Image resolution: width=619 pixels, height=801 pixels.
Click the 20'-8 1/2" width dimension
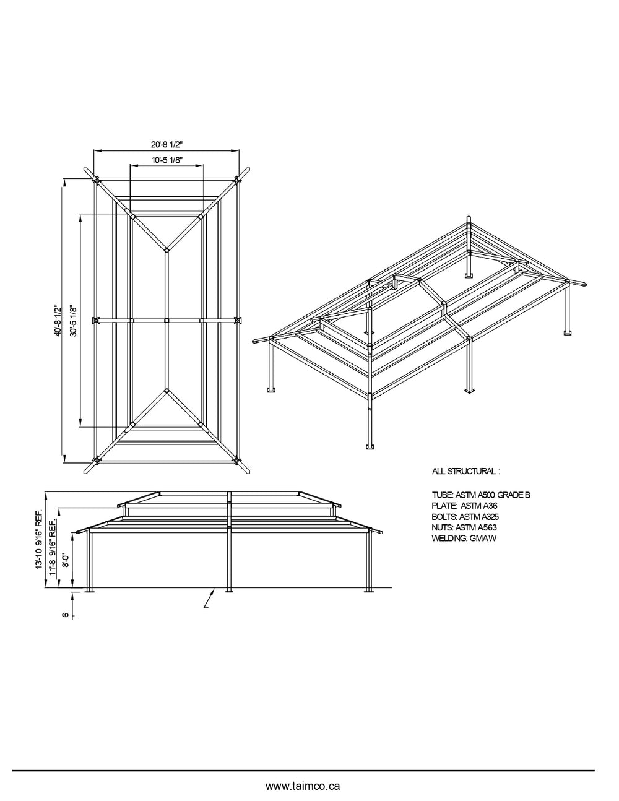[166, 144]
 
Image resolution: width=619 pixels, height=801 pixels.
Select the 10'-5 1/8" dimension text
[166, 159]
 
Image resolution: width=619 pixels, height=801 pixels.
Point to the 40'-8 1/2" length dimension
[57, 319]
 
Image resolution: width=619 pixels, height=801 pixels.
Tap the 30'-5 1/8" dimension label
[74, 319]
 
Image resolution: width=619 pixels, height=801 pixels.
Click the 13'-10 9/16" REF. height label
[39, 540]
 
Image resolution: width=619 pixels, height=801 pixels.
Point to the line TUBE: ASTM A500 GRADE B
[481, 495]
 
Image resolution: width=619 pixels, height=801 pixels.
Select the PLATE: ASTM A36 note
[464, 506]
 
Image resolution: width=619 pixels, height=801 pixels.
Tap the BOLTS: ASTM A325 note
[465, 516]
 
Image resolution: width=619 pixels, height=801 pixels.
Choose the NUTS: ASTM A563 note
[464, 527]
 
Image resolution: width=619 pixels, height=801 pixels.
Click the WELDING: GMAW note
[464, 539]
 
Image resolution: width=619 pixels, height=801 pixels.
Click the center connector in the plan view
[167, 320]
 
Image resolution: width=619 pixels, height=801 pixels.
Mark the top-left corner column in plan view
[96, 181]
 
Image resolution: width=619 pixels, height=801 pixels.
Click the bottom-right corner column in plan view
[237, 460]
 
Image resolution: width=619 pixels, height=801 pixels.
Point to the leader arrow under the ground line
[210, 599]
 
